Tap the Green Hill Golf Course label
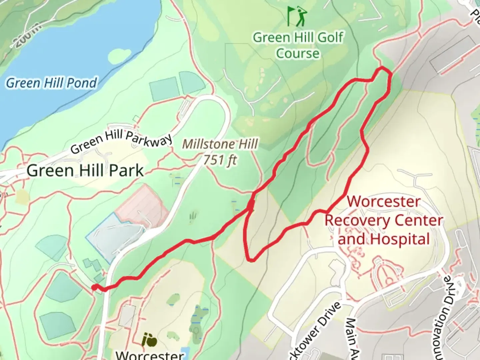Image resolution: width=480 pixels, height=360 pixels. [298, 45]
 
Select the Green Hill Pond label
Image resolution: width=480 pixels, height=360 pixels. [52, 83]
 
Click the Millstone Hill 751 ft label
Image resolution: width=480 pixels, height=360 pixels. [220, 152]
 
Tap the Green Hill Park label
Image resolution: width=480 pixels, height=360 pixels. [85, 171]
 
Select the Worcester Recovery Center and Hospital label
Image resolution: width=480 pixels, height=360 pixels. [384, 220]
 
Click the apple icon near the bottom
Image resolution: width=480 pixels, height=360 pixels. [149, 340]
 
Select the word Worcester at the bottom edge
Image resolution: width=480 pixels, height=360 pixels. [149, 355]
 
